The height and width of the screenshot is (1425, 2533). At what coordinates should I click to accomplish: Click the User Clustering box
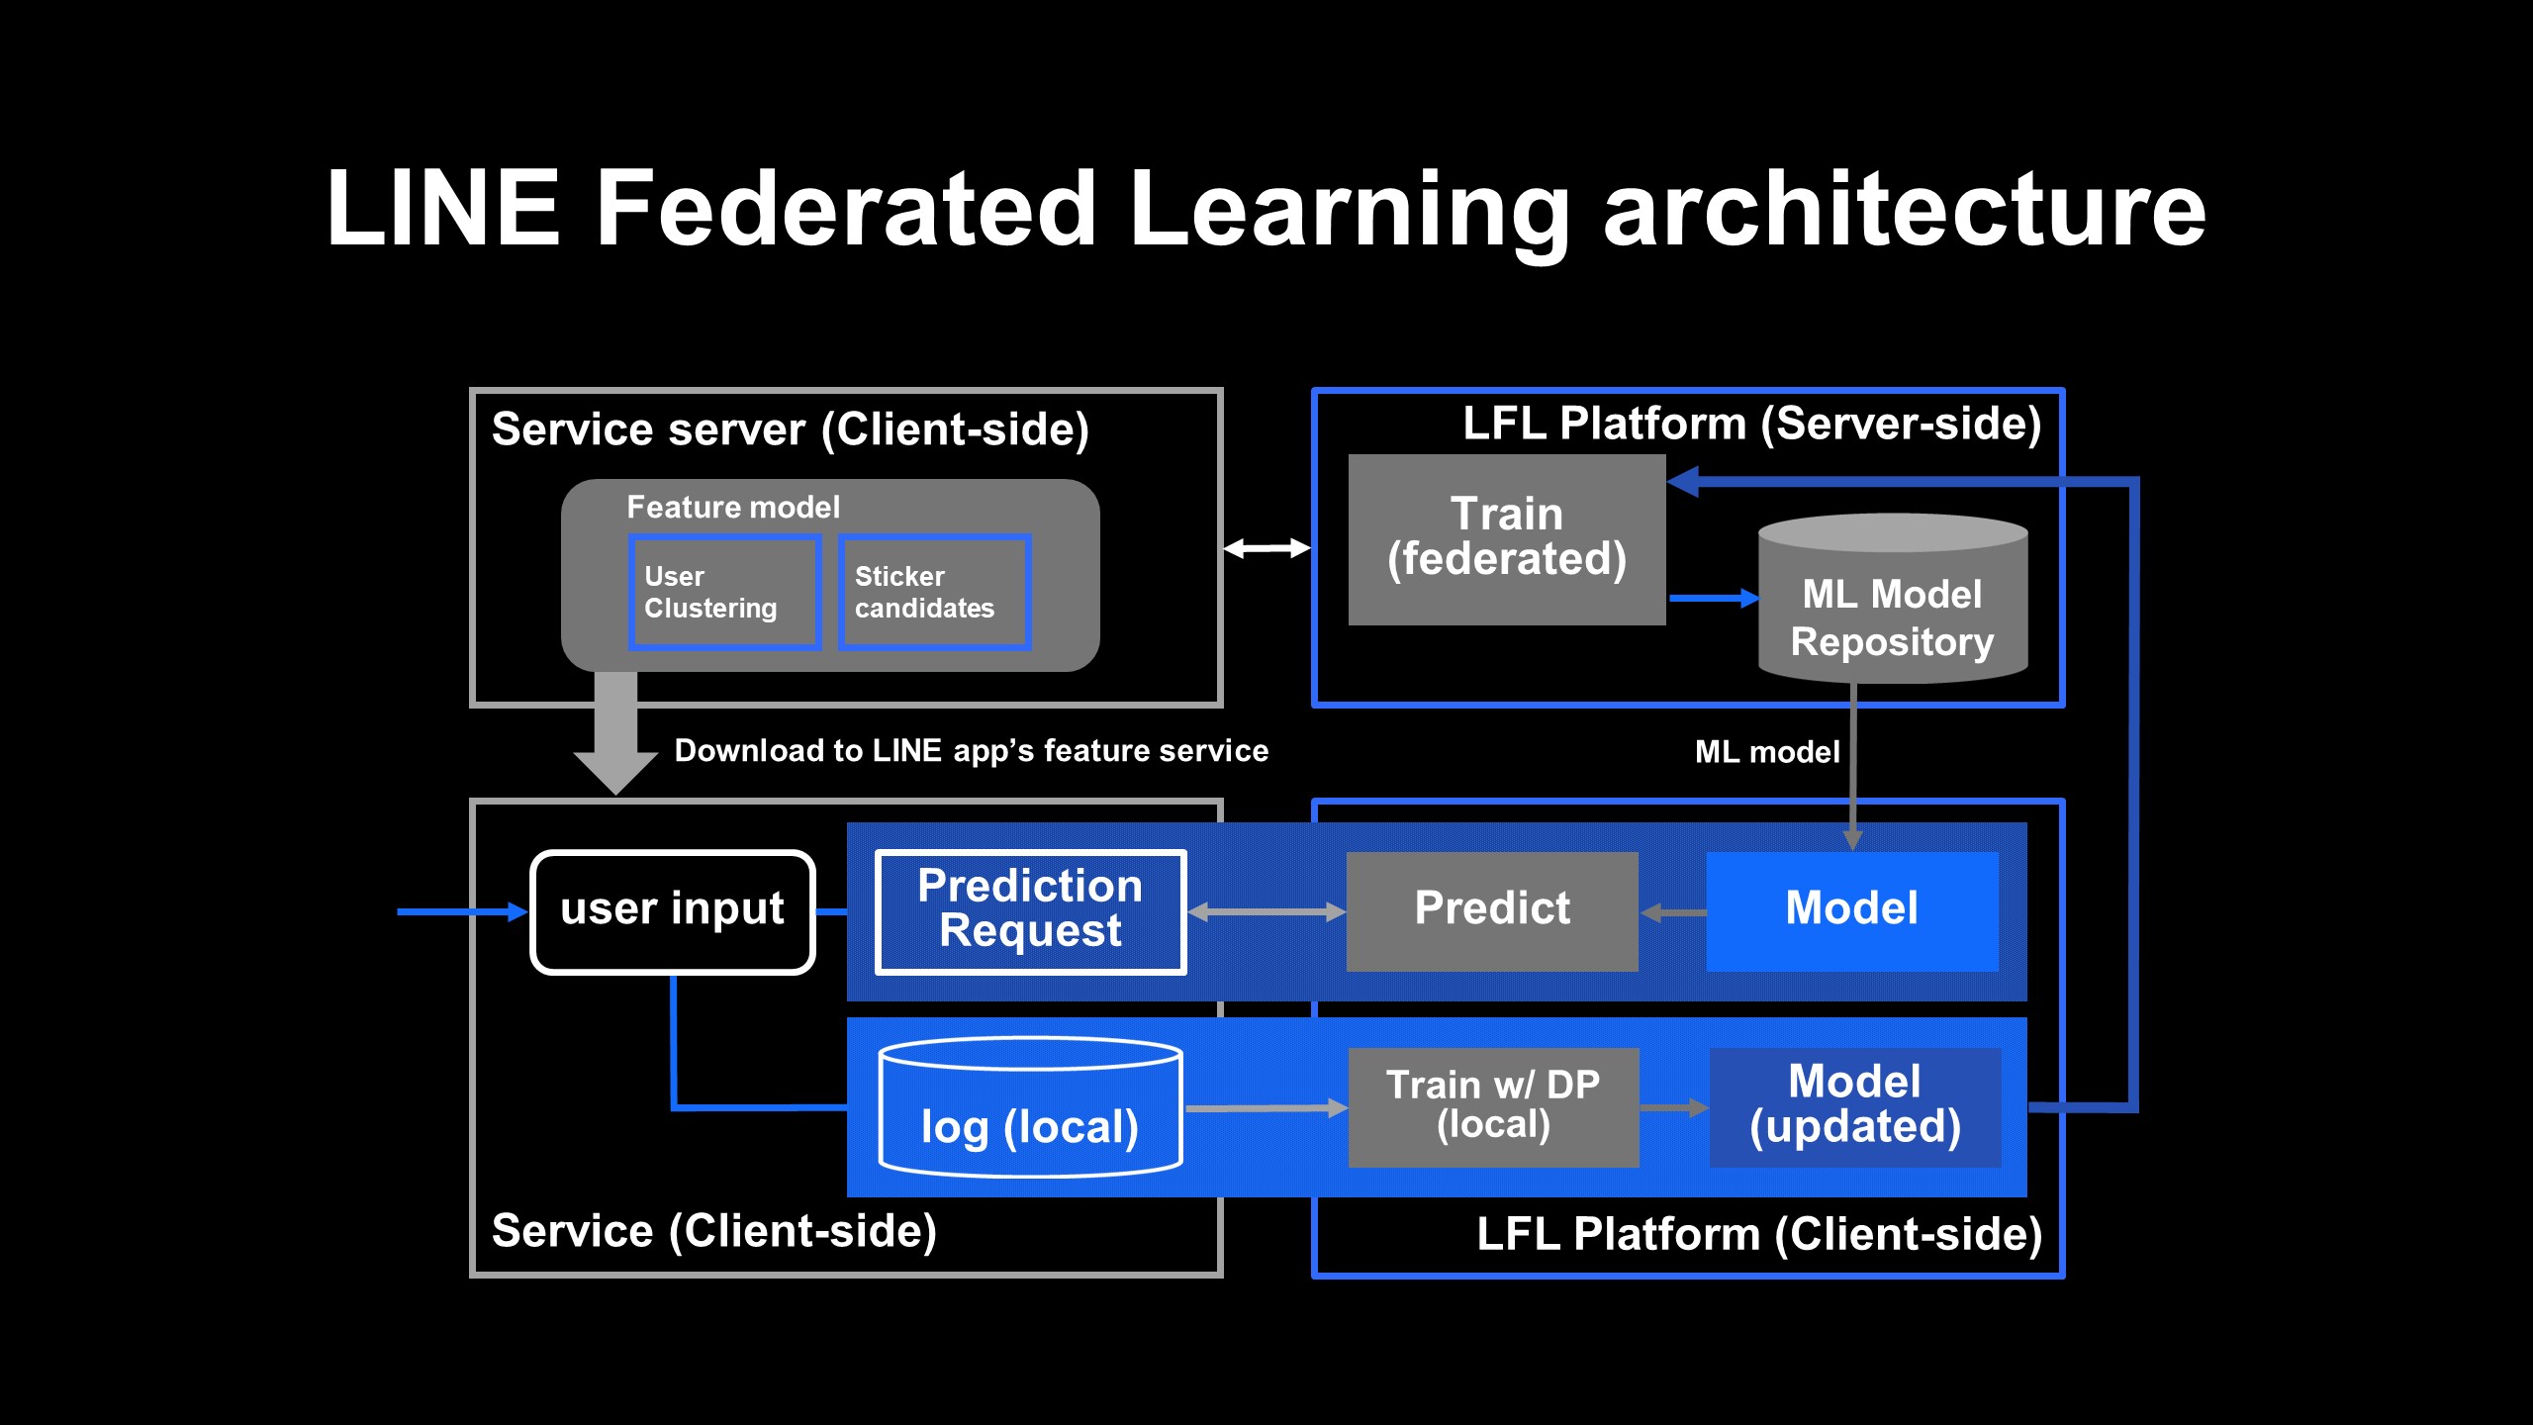(724, 592)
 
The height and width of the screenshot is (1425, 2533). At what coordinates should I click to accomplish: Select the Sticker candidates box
(934, 592)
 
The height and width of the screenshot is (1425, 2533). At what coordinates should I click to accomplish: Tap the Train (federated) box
(1506, 539)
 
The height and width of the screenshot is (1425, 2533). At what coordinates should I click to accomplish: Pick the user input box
(673, 911)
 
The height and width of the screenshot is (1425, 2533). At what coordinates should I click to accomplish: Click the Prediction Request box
(1030, 911)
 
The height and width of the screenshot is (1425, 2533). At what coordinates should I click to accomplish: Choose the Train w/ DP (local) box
(1493, 1106)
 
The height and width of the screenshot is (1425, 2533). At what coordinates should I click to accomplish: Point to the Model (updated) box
(1854, 1106)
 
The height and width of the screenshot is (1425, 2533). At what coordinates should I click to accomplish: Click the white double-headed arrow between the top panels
(1266, 548)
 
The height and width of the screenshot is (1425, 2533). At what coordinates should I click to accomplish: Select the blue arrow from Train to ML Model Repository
(1713, 598)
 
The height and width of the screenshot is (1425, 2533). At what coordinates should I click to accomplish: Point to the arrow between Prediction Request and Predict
(1266, 911)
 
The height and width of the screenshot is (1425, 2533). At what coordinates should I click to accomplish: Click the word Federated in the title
(846, 209)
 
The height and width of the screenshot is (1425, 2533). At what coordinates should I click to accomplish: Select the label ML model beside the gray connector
(1767, 752)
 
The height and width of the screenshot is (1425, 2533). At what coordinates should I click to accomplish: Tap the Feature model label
(733, 508)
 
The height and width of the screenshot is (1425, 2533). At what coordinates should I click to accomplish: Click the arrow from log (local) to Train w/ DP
(1266, 1108)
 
